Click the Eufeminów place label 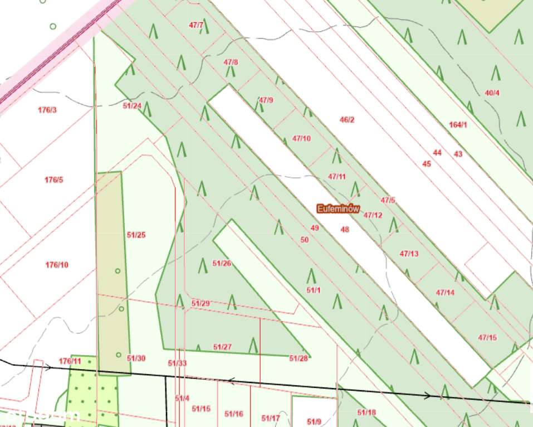tap(338, 208)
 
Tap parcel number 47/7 tap(196, 25)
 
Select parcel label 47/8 tap(231, 62)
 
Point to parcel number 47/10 tap(301, 138)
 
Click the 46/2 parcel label tap(347, 119)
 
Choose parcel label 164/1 tap(458, 124)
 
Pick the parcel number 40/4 tap(492, 93)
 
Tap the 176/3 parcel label tap(47, 110)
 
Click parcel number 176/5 tap(54, 179)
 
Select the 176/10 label tap(57, 265)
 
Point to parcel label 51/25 tap(136, 235)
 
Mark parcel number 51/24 tap(133, 105)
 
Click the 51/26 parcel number tap(222, 263)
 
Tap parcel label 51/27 tap(222, 347)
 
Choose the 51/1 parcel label tap(314, 290)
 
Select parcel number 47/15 tap(487, 337)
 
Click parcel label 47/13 tap(409, 254)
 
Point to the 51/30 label tap(136, 358)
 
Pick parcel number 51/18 tap(366, 412)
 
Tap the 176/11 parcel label tap(70, 361)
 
